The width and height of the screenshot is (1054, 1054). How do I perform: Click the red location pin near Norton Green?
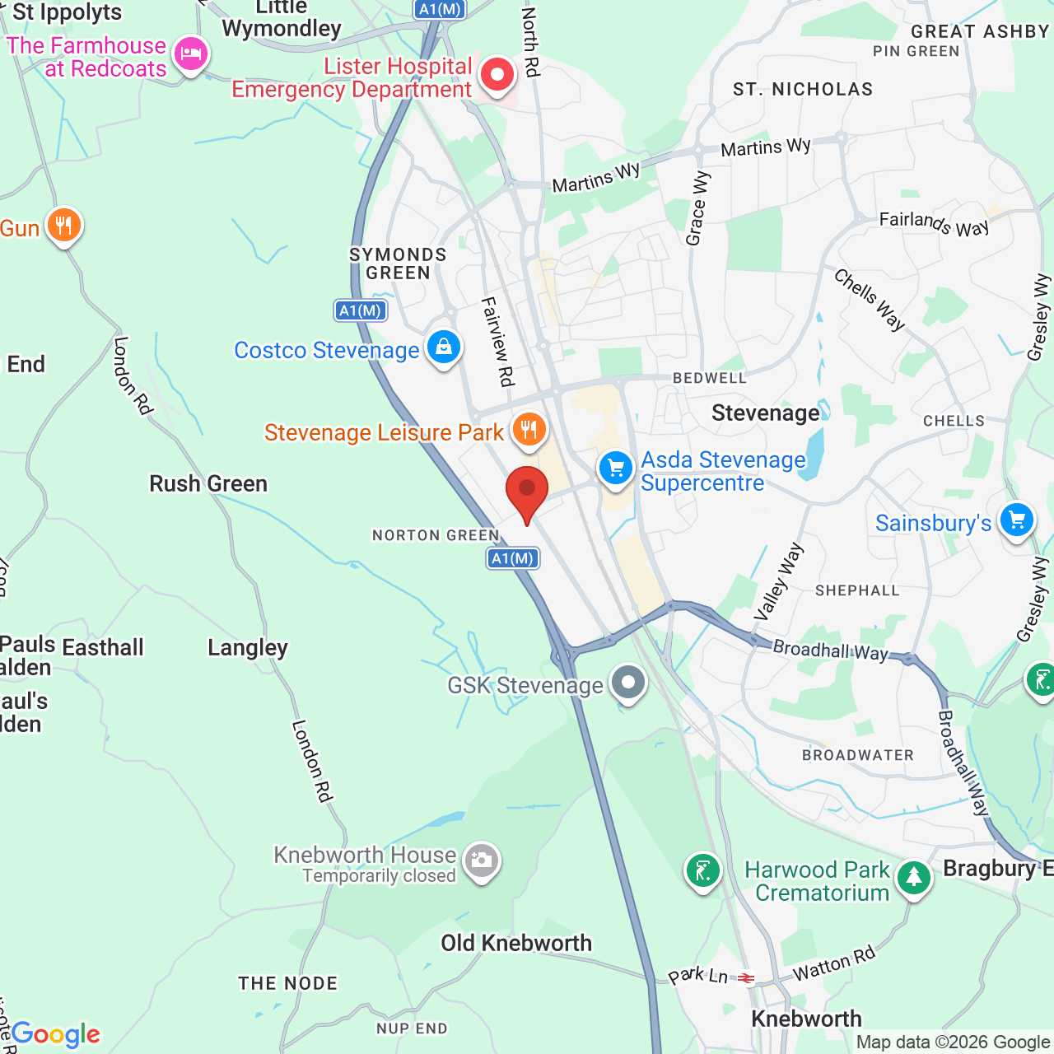[x=526, y=490]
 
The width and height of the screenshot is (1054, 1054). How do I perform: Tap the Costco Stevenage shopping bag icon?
[x=443, y=347]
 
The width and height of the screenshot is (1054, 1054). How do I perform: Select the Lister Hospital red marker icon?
[x=497, y=76]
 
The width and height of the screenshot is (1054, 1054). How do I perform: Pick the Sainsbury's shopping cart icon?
[x=1017, y=520]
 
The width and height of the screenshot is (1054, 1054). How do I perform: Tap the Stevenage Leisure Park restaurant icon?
[x=529, y=430]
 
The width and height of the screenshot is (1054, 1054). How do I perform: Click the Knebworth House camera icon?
[x=481, y=861]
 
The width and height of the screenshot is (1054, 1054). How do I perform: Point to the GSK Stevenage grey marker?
[x=629, y=683]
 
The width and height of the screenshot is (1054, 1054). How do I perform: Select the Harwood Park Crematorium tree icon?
[x=913, y=878]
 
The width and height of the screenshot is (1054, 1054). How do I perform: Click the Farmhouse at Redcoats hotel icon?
[x=191, y=55]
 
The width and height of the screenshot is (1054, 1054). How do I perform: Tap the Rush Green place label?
[x=208, y=483]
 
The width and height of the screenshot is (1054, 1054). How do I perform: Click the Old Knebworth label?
[x=516, y=943]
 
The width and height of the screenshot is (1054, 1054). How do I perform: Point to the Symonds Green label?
[x=398, y=263]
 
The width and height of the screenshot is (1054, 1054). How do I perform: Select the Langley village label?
[x=248, y=648]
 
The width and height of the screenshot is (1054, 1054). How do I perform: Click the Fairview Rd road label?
[x=497, y=342]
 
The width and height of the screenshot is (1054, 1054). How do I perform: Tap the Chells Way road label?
[x=870, y=300]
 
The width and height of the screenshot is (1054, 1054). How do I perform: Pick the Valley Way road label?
[x=777, y=581]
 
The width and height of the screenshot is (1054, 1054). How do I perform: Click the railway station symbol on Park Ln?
[x=746, y=978]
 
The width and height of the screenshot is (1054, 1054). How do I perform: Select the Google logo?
[x=55, y=1034]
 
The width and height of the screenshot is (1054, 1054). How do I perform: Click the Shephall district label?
[x=857, y=590]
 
